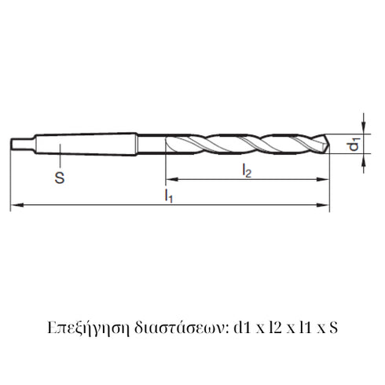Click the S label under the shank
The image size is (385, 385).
click(x=60, y=178)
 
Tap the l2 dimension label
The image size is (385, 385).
click(x=246, y=170)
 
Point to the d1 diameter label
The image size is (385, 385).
click(x=355, y=145)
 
